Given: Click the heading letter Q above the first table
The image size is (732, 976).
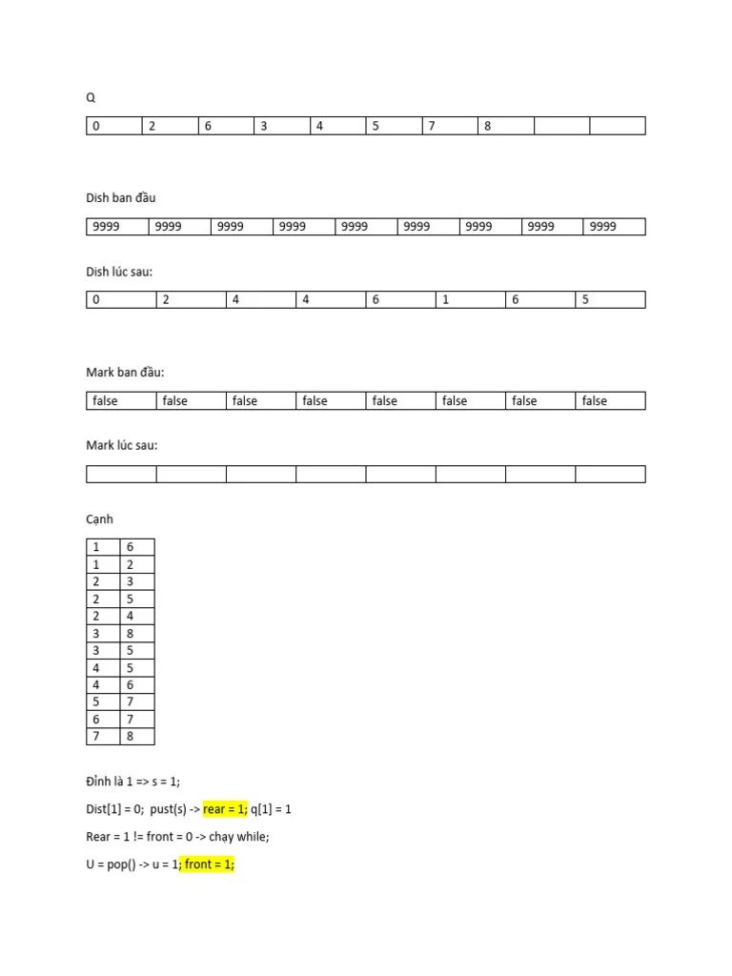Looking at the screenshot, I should coord(91,97).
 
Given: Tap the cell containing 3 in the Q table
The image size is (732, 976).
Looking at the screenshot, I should coord(281,126).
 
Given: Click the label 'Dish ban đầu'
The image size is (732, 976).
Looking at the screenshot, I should coord(120,198).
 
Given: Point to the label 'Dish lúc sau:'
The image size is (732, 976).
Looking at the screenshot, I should coord(119,272).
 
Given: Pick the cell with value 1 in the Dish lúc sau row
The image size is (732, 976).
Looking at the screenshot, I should coord(470,299).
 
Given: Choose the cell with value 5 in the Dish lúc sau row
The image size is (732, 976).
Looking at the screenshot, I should coord(610,299).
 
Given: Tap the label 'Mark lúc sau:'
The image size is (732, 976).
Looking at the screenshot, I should coord(122,445).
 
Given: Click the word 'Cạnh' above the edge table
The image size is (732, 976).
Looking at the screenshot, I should coord(100,519).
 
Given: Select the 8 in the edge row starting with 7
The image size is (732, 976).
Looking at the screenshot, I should coord(136,736).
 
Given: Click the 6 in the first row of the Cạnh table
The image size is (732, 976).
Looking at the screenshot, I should coord(136,547).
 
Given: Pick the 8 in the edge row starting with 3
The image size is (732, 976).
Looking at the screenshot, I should coord(136,633).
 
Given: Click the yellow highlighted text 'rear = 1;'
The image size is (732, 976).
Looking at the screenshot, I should coord(225,809).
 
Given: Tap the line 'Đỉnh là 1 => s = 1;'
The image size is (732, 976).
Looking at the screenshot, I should coord(132,782).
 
